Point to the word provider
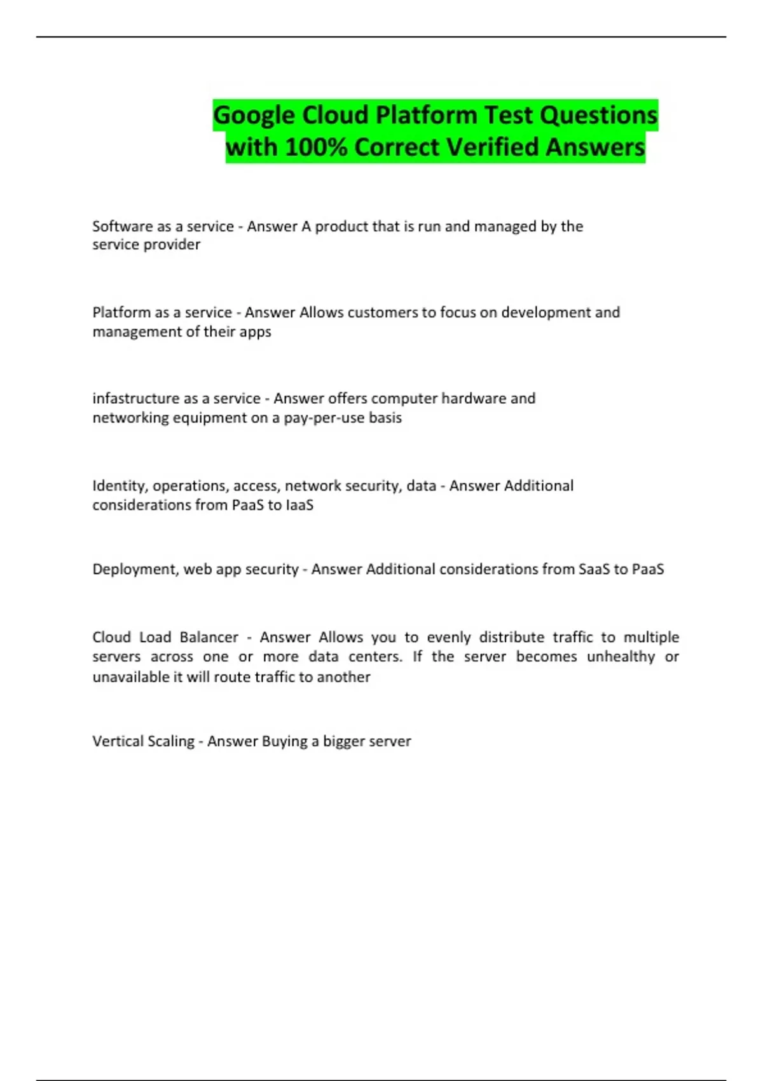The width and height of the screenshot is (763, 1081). [171, 245]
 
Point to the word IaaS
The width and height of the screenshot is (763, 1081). [298, 506]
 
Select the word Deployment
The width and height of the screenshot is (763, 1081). [134, 569]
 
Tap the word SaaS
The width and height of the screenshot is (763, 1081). [593, 569]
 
